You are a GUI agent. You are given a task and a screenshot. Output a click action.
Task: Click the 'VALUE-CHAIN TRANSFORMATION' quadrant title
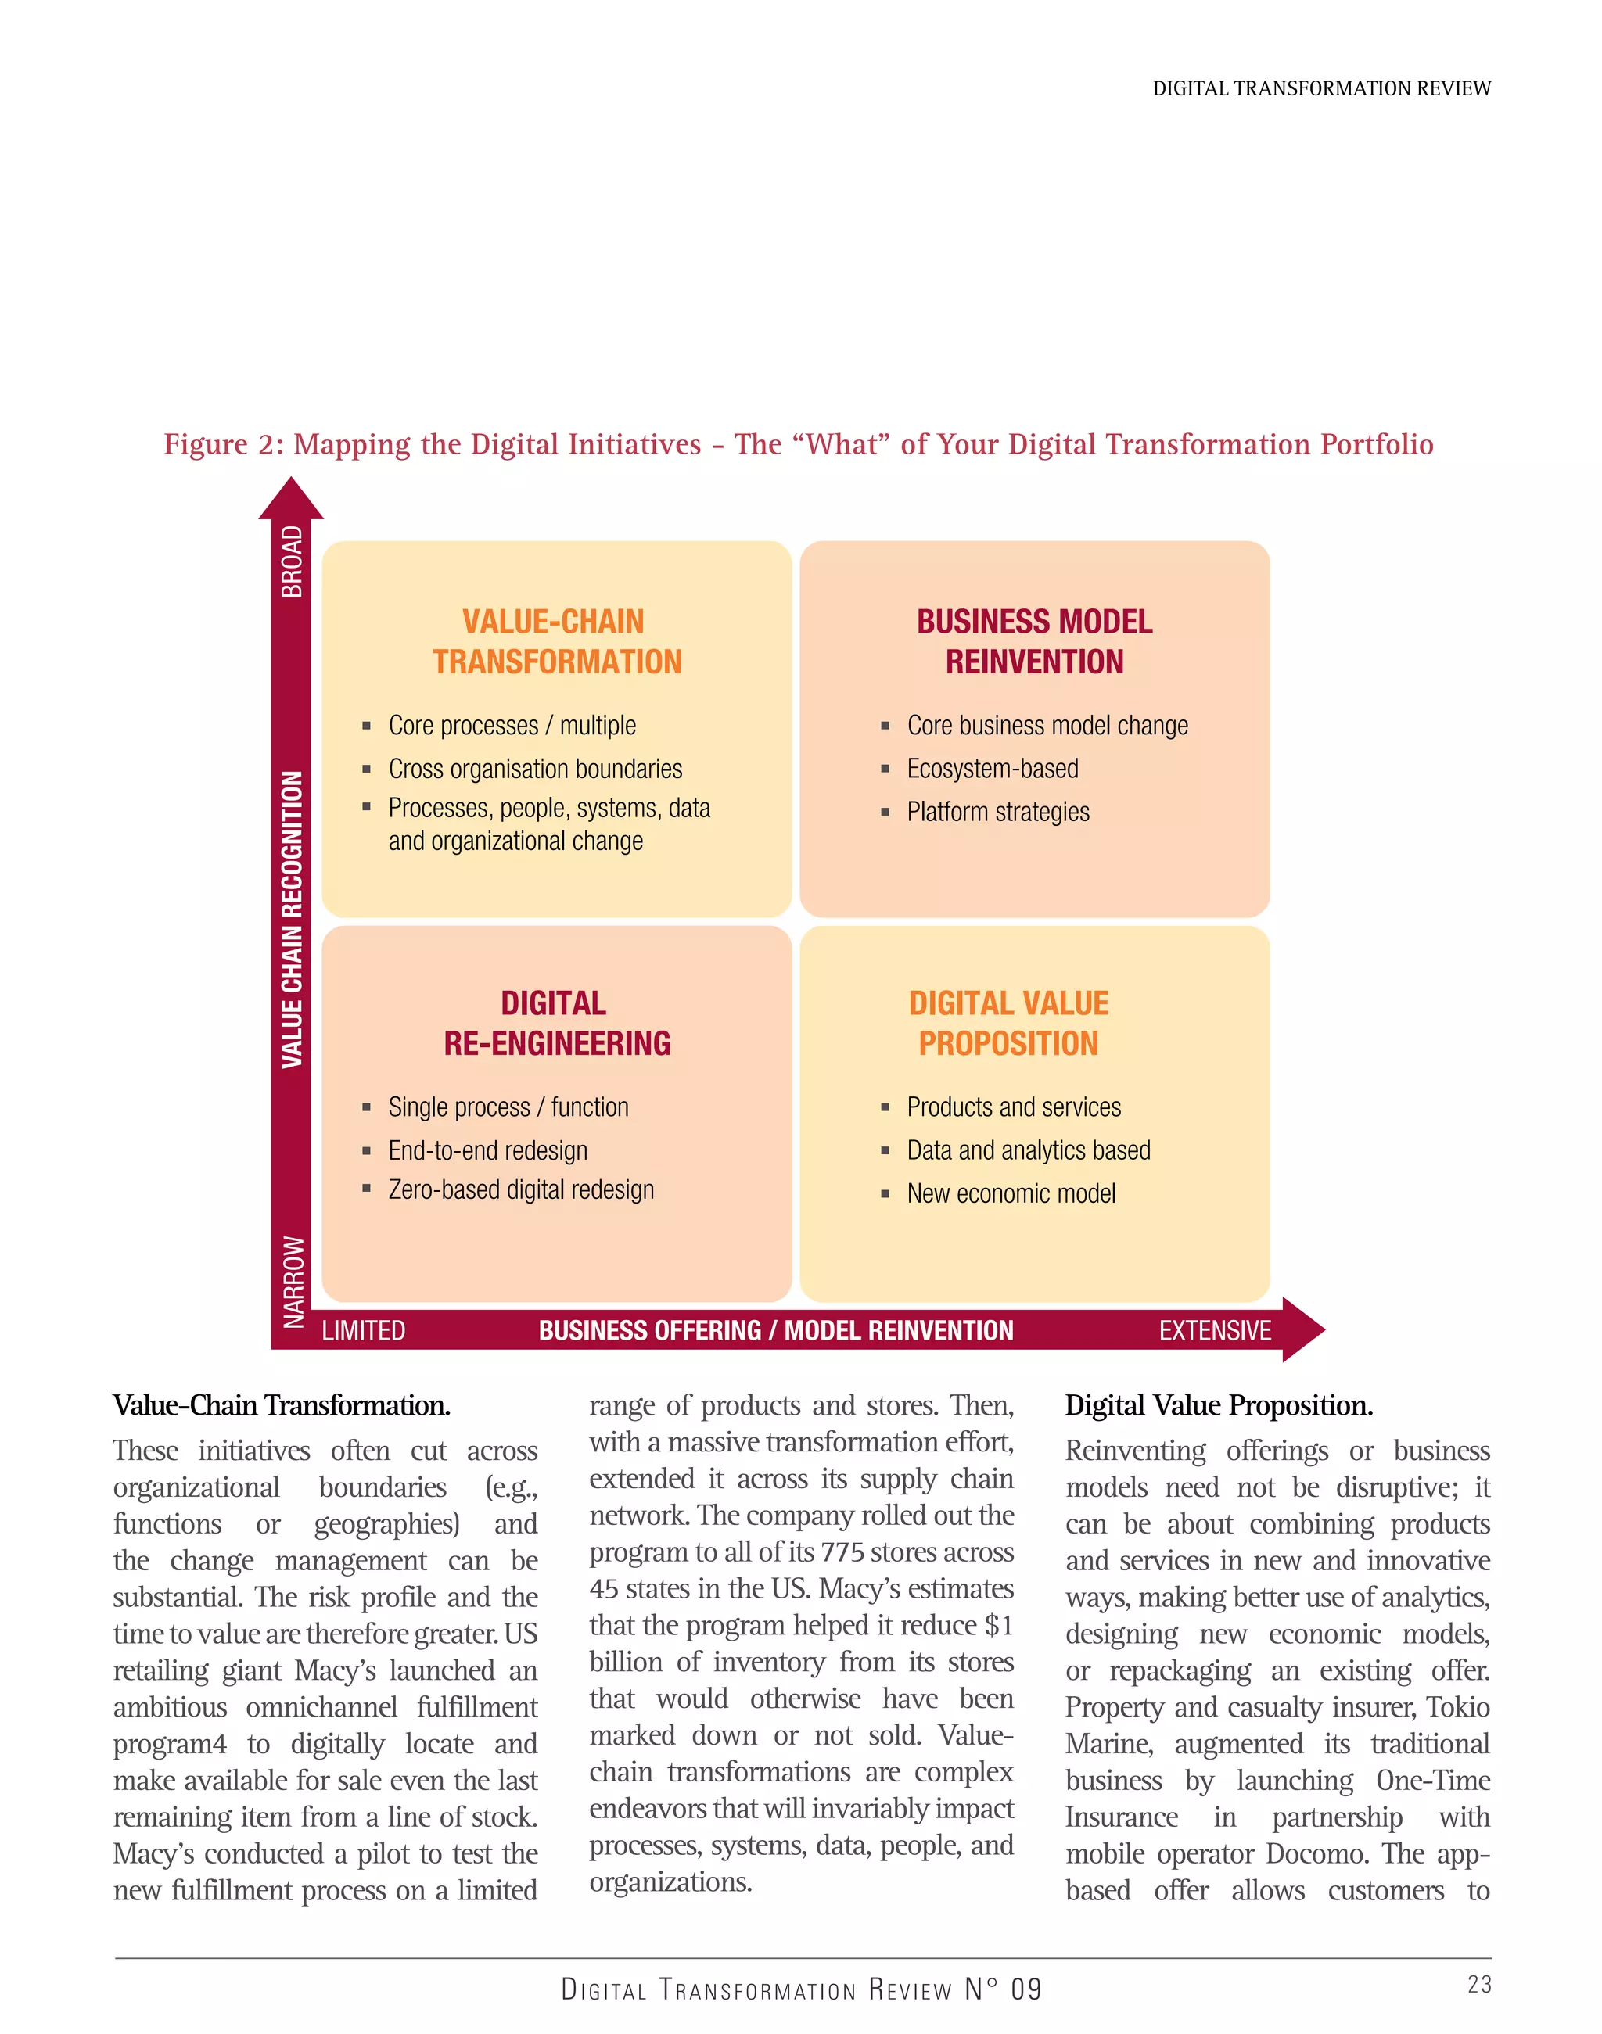[x=556, y=641]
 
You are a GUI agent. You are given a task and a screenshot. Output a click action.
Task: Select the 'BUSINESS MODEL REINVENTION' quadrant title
[x=1035, y=641]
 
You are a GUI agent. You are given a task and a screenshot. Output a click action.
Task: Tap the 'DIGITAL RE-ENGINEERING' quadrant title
[x=556, y=1023]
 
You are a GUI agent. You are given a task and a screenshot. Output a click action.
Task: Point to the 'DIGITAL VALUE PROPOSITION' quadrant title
[x=1008, y=1023]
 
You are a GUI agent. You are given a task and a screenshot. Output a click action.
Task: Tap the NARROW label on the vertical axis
[x=293, y=1281]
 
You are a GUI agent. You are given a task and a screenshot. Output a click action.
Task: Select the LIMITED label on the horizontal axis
[x=364, y=1329]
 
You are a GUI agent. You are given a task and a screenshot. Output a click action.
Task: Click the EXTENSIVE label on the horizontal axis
[x=1215, y=1329]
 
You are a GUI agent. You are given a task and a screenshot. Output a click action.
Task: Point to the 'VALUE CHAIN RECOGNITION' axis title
[x=293, y=919]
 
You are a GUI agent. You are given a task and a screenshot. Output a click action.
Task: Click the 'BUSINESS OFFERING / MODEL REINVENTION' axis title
[x=776, y=1329]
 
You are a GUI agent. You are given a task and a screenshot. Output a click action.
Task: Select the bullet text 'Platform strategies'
[x=998, y=811]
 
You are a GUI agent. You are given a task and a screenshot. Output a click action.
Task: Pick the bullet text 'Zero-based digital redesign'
[x=522, y=1189]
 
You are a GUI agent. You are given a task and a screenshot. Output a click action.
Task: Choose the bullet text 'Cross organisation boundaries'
[x=536, y=768]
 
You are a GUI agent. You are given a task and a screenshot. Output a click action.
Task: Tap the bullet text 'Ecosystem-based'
[x=993, y=768]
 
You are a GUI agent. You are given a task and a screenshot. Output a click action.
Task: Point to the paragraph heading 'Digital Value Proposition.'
[x=1219, y=1404]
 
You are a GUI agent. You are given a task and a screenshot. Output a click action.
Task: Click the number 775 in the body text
[x=842, y=1552]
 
